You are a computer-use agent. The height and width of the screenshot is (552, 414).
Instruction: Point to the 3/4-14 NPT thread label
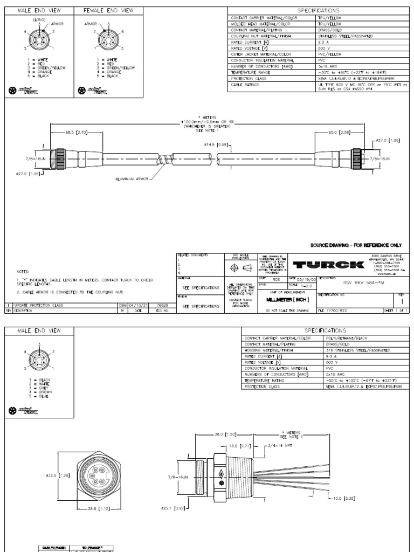280,446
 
